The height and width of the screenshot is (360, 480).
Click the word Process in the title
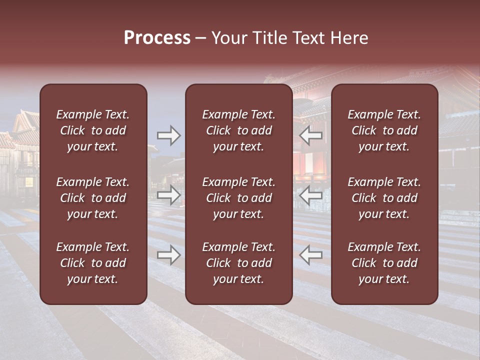tap(157, 38)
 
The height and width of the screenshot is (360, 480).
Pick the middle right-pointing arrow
tap(169, 195)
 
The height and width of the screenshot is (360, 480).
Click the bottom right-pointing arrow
tap(169, 255)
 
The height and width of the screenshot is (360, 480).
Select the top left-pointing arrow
tap(311, 135)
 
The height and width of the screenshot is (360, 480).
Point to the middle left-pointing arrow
tap(311, 195)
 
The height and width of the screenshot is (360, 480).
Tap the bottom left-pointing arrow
tap(311, 255)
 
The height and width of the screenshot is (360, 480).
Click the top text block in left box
tap(93, 130)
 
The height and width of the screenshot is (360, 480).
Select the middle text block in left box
tap(93, 198)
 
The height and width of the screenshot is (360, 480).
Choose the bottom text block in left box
tap(93, 263)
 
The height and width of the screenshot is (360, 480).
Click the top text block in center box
tap(238, 130)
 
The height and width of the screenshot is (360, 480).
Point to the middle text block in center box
tap(238, 198)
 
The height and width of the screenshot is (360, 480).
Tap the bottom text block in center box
tap(238, 263)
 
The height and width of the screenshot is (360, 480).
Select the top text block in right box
tap(384, 130)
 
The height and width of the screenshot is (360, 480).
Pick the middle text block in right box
tap(384, 198)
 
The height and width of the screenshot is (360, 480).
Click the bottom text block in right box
tap(384, 263)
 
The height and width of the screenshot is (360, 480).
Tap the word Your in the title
tap(227, 38)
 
